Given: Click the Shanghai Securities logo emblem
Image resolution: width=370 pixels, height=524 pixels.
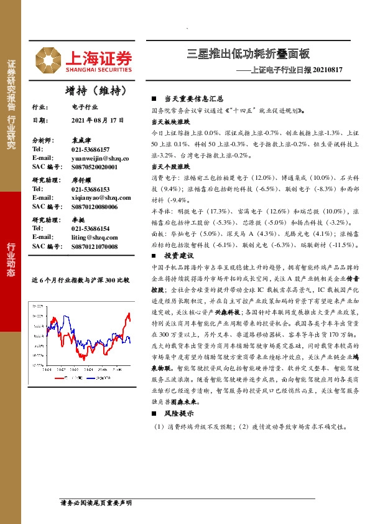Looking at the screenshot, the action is pyautogui.click(x=47, y=59).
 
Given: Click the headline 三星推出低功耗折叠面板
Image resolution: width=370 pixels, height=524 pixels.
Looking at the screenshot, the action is pyautogui.click(x=248, y=54).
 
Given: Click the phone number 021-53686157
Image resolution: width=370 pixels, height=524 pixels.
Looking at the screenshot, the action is pyautogui.click(x=91, y=150).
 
